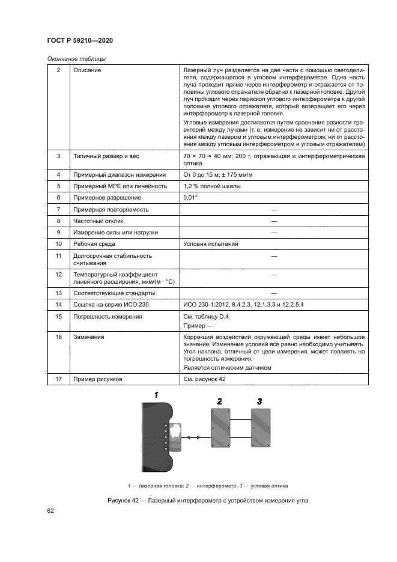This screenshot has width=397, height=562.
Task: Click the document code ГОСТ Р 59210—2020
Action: [x=79, y=40]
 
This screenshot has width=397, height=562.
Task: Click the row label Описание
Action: [x=87, y=70]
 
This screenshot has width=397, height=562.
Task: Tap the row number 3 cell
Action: [x=58, y=156]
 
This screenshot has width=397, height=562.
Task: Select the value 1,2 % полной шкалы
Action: [x=212, y=186]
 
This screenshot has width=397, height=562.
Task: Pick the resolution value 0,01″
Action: [x=190, y=198]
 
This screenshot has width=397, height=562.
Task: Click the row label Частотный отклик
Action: [x=98, y=221]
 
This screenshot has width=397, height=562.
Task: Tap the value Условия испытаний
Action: [x=210, y=244]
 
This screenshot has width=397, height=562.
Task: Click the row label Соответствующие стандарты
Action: [x=114, y=293]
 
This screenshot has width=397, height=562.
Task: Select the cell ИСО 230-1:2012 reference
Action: [x=243, y=305]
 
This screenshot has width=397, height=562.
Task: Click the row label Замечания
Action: [x=88, y=337]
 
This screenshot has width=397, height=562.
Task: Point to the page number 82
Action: [x=50, y=510]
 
